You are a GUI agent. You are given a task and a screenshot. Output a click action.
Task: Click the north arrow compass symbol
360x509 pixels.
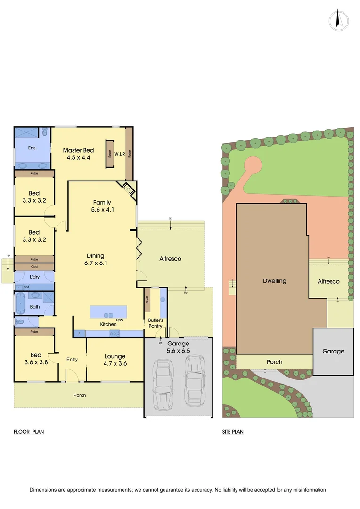pos(339,21)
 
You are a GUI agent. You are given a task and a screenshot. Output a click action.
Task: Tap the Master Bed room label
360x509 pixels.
pos(79,154)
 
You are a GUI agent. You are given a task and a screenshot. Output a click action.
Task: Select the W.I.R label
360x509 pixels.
pos(119,154)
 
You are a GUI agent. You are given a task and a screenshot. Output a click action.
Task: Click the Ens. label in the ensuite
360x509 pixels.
pos(33,148)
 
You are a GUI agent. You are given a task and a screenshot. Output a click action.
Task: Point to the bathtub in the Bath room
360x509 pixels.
pos(20,304)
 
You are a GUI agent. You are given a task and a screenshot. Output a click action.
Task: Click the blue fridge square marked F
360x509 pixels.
pos(79,334)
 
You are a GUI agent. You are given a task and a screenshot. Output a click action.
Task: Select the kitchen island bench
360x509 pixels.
pos(108,312)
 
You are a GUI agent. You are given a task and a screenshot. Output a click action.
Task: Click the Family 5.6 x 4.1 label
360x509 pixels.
pos(102,206)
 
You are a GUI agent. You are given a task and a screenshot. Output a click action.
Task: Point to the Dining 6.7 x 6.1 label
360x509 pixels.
pos(95,260)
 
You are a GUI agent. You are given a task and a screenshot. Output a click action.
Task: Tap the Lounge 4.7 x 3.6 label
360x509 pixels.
pos(115,360)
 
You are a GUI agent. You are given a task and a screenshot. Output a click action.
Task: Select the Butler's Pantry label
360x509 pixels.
pos(155,323)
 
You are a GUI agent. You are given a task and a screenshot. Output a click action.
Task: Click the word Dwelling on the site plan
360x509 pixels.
pos(274,281)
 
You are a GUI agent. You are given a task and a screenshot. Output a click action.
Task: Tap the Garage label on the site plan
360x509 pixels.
pos(334,351)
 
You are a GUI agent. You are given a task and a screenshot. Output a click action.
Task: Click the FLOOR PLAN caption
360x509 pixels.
pos(29,431)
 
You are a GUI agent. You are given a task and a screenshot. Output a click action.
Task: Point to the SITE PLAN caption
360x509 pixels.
pos(233,431)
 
